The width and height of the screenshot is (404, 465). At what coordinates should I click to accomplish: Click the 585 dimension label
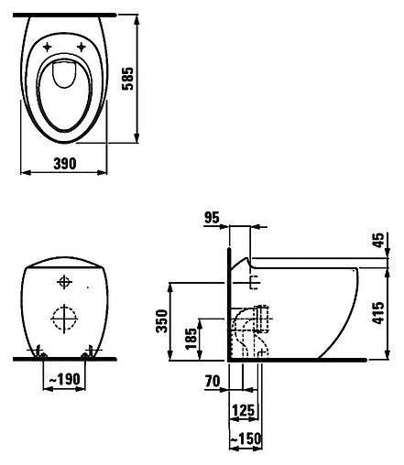point(128,79)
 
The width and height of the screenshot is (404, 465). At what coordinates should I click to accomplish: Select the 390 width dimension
point(65,164)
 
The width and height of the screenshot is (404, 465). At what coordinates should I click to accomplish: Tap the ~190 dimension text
point(64,379)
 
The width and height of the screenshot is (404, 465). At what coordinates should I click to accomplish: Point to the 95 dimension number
point(212,218)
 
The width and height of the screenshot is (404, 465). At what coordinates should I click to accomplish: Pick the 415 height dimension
point(378,313)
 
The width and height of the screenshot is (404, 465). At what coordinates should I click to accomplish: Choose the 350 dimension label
point(162,320)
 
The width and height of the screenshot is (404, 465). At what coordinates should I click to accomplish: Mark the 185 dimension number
point(191,339)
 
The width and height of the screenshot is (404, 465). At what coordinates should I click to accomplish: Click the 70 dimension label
point(213,381)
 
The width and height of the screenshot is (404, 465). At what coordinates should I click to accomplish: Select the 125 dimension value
point(244,410)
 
